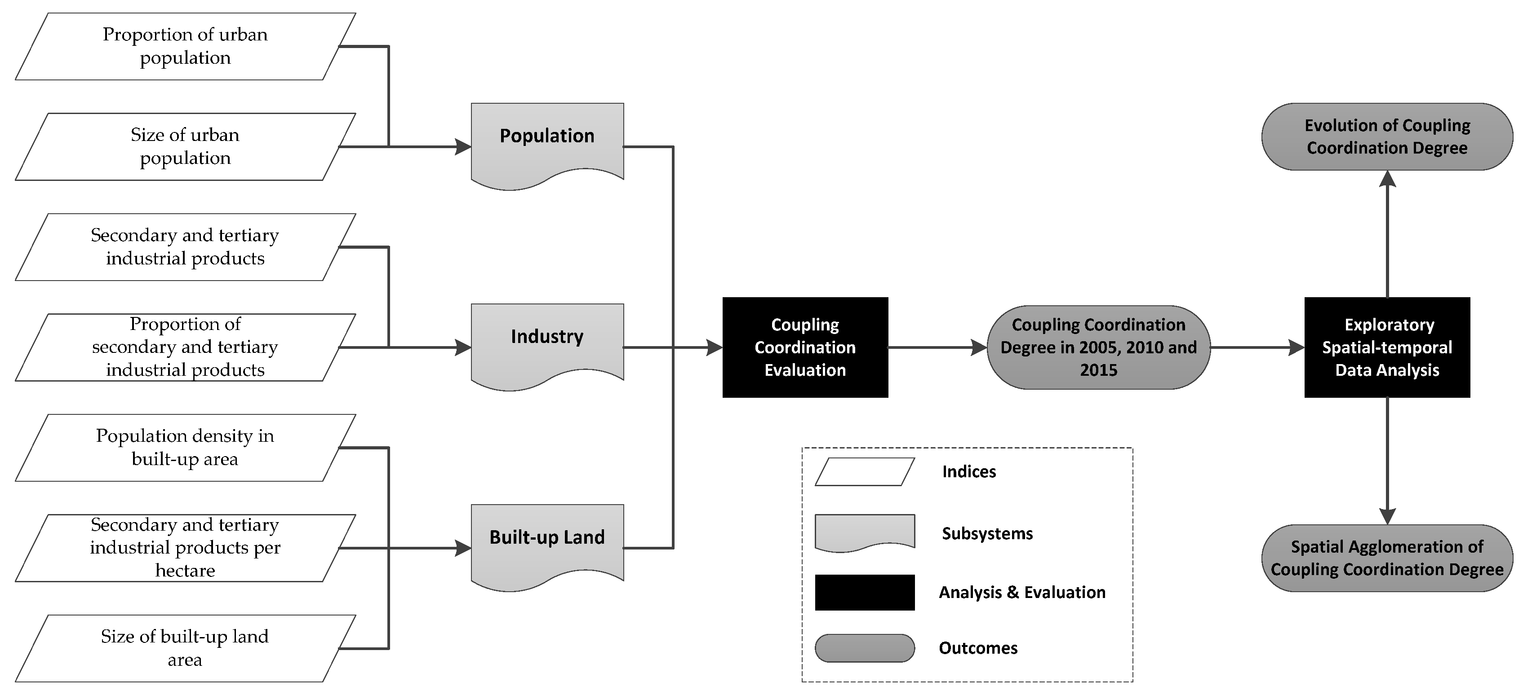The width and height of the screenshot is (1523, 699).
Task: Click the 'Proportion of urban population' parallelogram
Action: tap(185, 46)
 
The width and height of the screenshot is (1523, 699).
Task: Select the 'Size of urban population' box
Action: tap(185, 146)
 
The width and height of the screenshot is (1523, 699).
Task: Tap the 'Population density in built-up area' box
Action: tap(185, 447)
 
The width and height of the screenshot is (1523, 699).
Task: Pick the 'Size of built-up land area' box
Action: tap(185, 648)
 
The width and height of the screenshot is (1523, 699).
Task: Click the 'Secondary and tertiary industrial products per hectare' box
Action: tap(185, 548)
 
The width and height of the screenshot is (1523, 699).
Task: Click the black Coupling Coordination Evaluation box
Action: tap(805, 347)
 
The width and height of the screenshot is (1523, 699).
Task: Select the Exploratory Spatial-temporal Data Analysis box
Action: tap(1386, 347)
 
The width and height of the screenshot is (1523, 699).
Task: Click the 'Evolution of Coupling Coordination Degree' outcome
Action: tap(1386, 136)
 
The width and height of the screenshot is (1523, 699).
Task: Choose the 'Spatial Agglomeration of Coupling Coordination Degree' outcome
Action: tap(1386, 558)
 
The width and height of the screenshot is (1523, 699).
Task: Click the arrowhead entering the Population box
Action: tap(463, 146)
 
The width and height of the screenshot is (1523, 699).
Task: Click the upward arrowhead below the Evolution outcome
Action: tap(1387, 178)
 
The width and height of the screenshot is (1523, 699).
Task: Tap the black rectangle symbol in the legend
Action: tap(864, 592)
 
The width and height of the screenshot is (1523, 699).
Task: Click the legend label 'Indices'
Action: tap(968, 471)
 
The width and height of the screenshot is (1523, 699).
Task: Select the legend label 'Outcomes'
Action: tap(978, 648)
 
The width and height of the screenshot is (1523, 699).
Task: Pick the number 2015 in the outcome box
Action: tap(1098, 370)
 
